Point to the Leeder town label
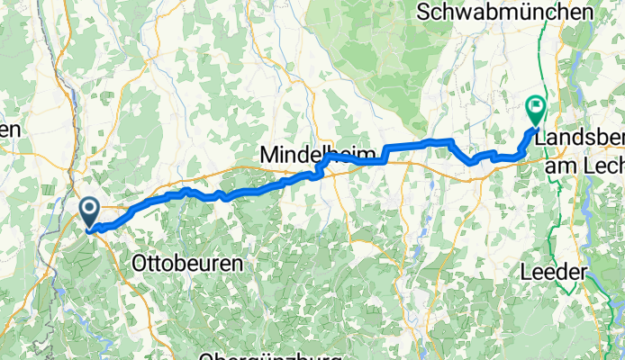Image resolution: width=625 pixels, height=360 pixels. pos(559,271)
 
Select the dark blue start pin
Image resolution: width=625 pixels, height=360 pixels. pos(90,212)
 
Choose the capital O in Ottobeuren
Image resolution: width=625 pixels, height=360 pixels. pos(140,264)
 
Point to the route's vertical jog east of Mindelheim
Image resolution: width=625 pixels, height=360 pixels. pos(387,153)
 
